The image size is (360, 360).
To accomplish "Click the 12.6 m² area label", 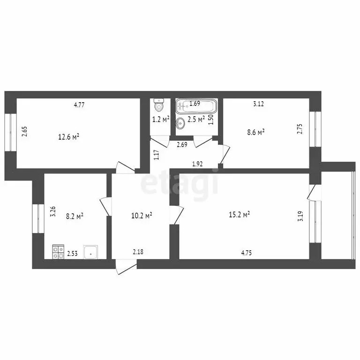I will tap(68, 137).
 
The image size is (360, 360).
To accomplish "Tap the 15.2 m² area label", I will tap(240, 214).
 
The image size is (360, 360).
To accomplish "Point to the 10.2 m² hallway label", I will tap(141, 216).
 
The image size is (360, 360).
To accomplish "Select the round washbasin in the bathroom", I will tap(181, 123).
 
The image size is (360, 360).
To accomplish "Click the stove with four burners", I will tap(58, 253).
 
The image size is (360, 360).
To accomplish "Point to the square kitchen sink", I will tap(90, 253).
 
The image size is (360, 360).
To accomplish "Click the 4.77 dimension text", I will tap(79, 105).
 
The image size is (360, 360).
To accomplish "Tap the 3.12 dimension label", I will tap(258, 105).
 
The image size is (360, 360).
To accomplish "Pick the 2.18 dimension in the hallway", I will tap(138, 252).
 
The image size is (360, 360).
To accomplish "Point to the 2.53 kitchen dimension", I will tap(72, 254).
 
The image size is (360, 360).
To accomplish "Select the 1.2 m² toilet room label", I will tap(160, 119).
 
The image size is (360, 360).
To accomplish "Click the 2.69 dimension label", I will tap(182, 145).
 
